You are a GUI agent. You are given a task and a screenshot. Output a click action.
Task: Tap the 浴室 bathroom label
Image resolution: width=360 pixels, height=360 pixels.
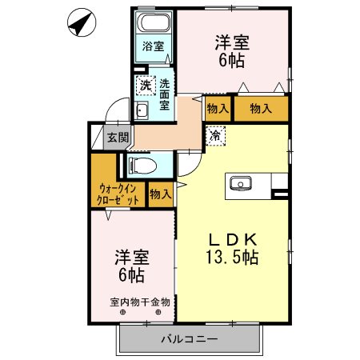[153, 46]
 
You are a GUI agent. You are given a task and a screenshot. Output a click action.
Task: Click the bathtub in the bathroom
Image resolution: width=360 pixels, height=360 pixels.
[153, 23]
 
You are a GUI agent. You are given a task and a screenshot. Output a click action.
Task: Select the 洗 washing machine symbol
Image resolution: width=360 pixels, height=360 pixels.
[145, 84]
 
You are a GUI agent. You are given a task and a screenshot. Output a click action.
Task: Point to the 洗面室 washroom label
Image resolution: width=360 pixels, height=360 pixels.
[164, 94]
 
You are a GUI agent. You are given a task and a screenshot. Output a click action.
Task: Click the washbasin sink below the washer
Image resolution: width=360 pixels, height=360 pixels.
[142, 110]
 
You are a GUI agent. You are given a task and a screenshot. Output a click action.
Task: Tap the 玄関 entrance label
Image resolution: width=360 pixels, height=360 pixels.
[118, 137]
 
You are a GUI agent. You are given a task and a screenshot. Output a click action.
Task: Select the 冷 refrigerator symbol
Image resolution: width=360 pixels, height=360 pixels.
[216, 137]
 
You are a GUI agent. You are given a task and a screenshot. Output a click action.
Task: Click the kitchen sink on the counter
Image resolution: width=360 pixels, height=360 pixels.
[241, 184]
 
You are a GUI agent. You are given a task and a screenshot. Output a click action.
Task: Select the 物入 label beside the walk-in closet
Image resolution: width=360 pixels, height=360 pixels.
[160, 193]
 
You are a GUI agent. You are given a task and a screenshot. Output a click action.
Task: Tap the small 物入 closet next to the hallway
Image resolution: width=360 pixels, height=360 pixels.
[218, 108]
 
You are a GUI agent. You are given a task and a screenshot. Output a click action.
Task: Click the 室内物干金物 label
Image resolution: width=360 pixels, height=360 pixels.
[140, 302]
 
